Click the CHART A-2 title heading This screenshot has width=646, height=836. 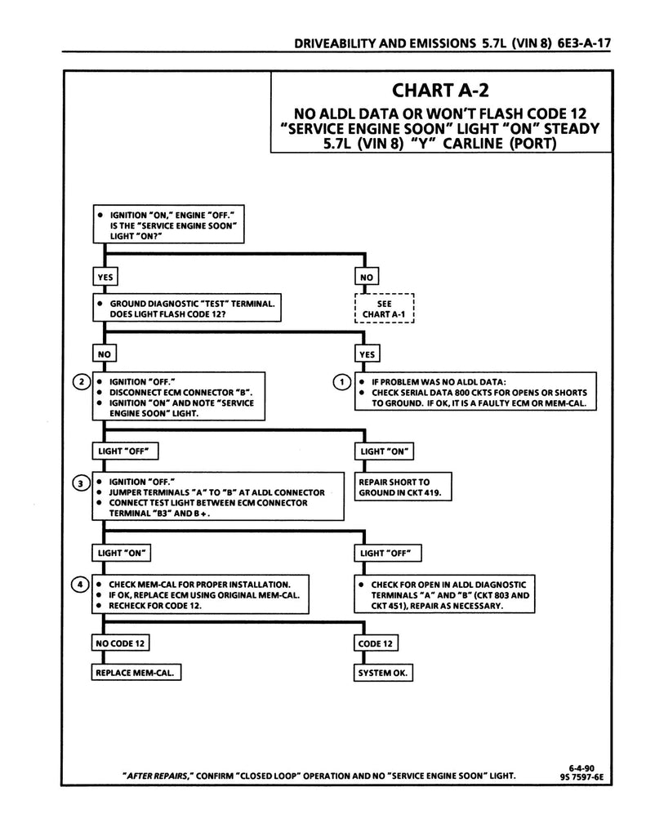(441, 88)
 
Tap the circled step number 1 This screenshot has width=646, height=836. (344, 381)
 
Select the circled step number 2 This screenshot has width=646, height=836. (80, 381)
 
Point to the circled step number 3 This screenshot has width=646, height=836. (80, 483)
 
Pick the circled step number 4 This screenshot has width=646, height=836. (80, 585)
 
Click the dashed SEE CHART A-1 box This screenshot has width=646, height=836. (385, 309)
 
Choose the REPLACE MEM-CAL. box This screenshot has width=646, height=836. (136, 673)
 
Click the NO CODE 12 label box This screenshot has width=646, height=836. (119, 644)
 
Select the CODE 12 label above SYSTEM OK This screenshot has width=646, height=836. (376, 644)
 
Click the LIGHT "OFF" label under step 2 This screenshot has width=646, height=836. (124, 451)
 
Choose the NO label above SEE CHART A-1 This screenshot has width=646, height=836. (366, 277)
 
